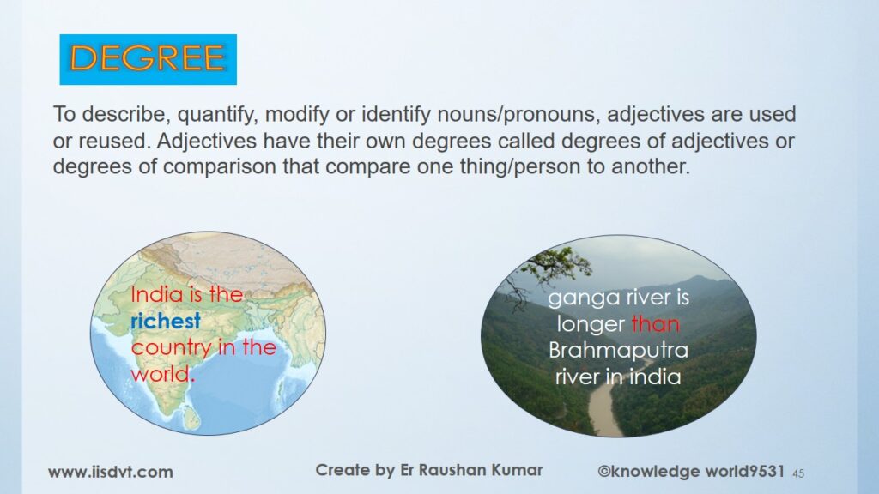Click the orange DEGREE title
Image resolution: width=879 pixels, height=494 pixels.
pos(148,58)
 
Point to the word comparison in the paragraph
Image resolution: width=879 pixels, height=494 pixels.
pos(220,166)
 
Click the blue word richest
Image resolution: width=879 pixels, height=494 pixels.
pos(166,321)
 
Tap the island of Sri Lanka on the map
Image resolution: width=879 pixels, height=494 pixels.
pos(191,418)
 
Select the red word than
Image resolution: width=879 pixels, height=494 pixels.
pos(655,323)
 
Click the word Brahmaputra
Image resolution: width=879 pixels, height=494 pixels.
pos(618,350)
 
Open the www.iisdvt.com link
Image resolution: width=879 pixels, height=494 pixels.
pos(111,473)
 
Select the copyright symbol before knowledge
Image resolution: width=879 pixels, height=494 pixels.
pos(603,471)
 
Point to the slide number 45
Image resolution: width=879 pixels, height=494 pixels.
pos(798,473)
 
